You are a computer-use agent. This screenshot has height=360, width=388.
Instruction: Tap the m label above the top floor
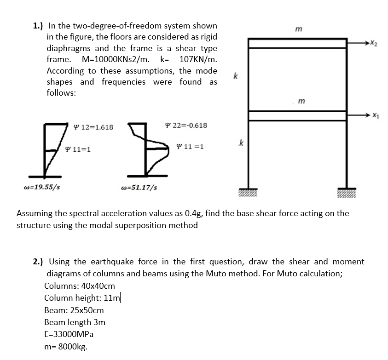(x=298, y=29)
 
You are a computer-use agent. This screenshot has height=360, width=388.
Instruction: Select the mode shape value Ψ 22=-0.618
(x=186, y=125)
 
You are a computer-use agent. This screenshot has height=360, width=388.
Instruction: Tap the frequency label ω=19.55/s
(x=41, y=187)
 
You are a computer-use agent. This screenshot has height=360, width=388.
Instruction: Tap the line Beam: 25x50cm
(x=74, y=310)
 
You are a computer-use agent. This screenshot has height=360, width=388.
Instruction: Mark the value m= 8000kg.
(x=66, y=346)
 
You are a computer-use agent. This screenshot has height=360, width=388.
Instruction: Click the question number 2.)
(x=39, y=262)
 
